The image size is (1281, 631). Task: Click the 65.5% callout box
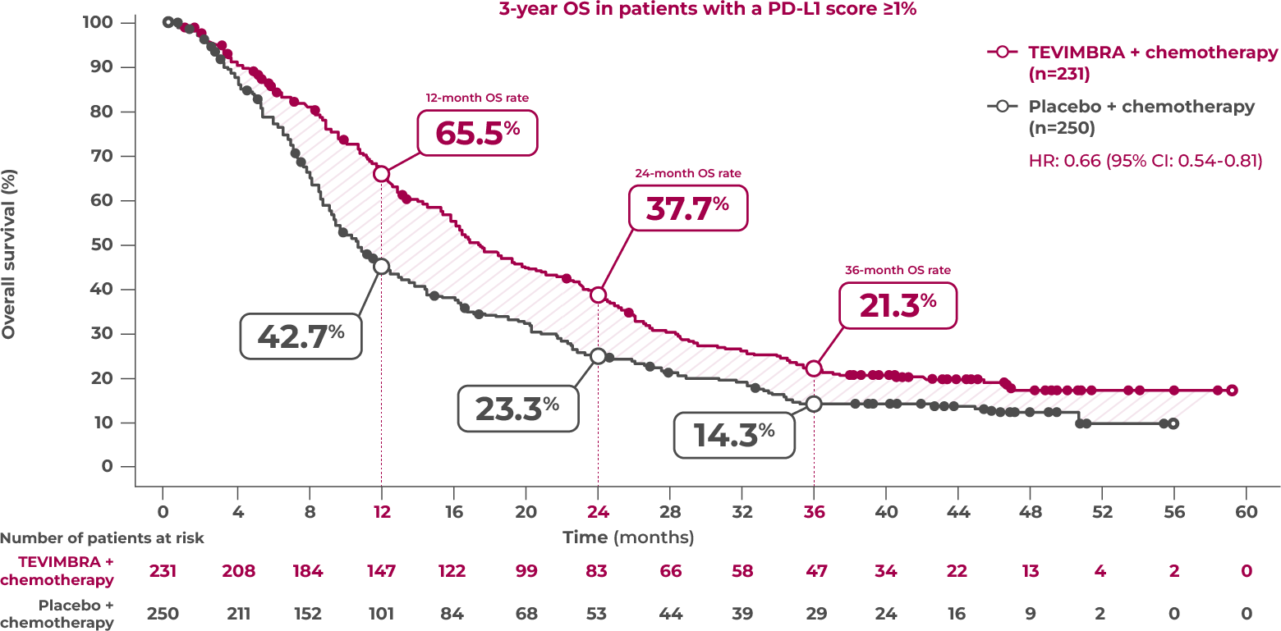(477, 133)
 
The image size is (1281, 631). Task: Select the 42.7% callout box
(301, 336)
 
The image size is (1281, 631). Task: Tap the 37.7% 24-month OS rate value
(688, 208)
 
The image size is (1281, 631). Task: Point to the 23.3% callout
(517, 408)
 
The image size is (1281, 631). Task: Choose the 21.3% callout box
(898, 305)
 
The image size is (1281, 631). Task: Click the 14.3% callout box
(734, 435)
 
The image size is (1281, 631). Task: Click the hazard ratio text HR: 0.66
(1145, 161)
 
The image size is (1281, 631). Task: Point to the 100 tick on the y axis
(99, 22)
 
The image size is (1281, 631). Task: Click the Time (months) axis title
(628, 537)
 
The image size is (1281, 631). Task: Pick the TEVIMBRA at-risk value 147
(381, 571)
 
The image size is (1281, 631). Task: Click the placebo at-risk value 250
(162, 613)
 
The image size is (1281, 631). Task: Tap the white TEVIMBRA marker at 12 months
(381, 174)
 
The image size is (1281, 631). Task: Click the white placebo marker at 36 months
(814, 404)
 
